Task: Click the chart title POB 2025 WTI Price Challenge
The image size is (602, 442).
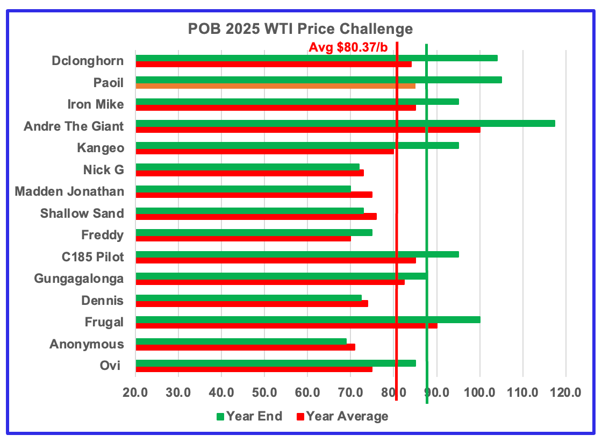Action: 300,28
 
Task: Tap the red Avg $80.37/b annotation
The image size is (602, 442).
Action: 348,47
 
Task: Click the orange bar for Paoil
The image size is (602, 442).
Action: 275,85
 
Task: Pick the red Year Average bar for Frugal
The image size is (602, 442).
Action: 286,325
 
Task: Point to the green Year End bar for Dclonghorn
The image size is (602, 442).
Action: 316,58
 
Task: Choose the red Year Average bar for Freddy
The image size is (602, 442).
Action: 243,238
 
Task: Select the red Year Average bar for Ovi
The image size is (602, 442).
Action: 254,369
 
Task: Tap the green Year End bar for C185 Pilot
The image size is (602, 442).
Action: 297,254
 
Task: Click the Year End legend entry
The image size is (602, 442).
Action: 249,416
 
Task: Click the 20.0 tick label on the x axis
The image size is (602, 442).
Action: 135,393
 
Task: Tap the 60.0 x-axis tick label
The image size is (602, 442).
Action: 307,393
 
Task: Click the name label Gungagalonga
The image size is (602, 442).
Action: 78,279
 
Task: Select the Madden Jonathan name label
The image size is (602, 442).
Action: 69,191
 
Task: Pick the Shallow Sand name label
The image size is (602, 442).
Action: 82,213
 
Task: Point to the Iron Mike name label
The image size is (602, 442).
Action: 95,104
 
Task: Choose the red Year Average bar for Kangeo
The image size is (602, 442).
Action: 264,151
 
